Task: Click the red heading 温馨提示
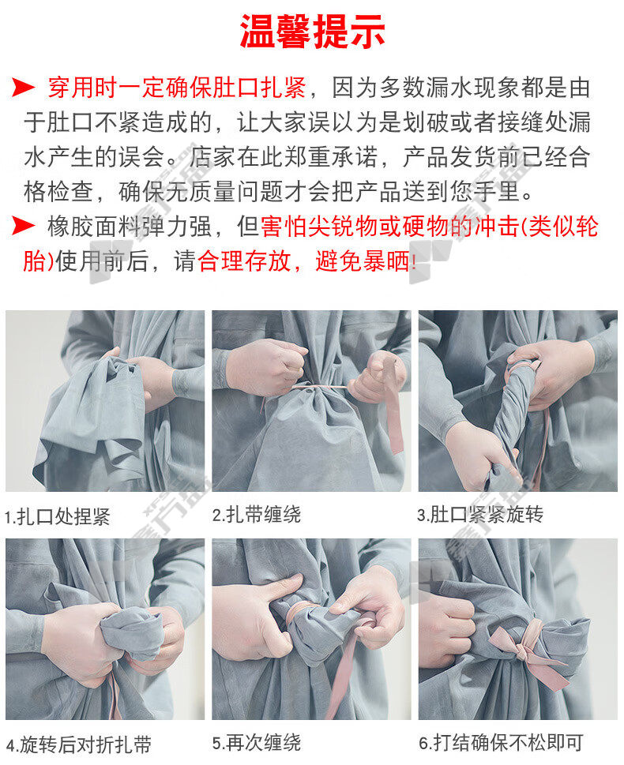tap(313, 32)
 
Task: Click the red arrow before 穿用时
tap(23, 88)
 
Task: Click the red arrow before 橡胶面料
tap(23, 226)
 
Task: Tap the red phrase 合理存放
tap(244, 261)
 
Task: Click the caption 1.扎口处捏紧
tap(57, 516)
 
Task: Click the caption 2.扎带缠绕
tap(257, 514)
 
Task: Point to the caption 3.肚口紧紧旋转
tap(480, 514)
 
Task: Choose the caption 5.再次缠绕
tap(257, 743)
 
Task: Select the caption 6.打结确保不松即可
tap(501, 743)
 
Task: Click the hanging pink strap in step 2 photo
tap(393, 419)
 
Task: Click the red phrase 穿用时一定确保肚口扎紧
tap(177, 88)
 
